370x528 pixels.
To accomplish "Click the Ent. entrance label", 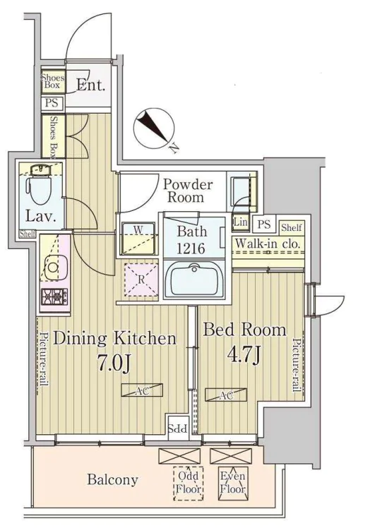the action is (91, 85).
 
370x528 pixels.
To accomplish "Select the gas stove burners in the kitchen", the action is (54, 296).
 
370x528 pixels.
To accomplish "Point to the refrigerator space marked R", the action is (141, 280).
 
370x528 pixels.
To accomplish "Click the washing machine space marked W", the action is (138, 239).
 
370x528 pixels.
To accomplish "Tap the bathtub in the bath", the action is (194, 279).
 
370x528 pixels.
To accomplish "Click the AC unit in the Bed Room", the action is (226, 395).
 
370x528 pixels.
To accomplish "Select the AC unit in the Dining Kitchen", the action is (142, 390).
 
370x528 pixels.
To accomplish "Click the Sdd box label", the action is (178, 428).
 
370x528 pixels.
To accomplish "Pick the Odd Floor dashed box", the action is (189, 484).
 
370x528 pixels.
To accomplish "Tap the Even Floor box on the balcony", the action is (233, 484).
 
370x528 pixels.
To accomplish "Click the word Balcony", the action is (112, 479).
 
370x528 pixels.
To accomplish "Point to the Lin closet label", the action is (241, 222).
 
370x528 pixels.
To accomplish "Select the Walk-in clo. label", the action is (267, 243).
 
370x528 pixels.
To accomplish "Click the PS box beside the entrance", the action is (52, 102).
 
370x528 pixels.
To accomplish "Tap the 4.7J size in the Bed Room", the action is (245, 355).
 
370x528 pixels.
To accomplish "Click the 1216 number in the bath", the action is (192, 248).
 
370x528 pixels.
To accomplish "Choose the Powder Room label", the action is (187, 191).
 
